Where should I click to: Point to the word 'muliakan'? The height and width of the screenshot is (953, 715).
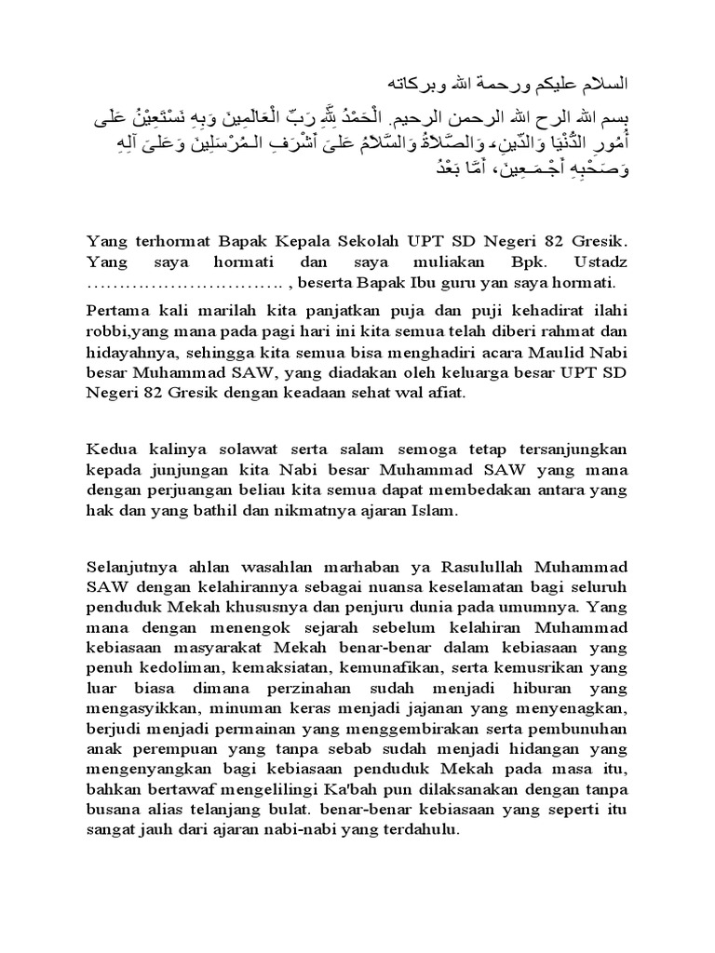coord(452,261)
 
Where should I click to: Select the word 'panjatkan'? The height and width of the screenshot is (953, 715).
coord(332,309)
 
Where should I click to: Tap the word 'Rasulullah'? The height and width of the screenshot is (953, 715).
coord(483,563)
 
